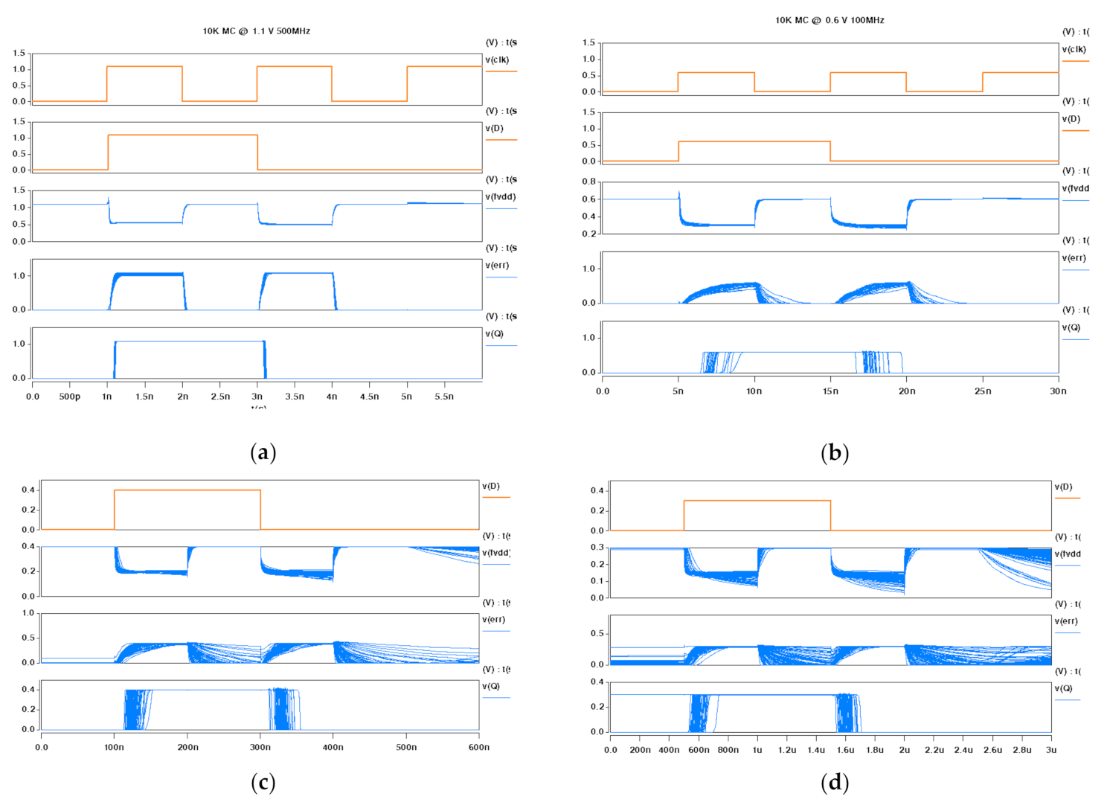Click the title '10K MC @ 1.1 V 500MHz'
[x=256, y=31]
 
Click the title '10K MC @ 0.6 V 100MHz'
[x=830, y=20]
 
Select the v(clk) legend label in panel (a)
[x=497, y=60]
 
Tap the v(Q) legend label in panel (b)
[x=1072, y=327]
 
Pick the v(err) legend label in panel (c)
[x=493, y=619]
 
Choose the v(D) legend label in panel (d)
[x=1063, y=487]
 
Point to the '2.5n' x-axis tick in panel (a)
[x=220, y=397]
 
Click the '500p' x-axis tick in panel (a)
[x=70, y=397]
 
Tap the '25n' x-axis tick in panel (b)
[x=983, y=391]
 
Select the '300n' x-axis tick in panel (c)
[x=260, y=747]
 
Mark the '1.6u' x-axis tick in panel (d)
[x=845, y=750]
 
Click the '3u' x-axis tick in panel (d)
[x=1050, y=750]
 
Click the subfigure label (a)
[x=263, y=452]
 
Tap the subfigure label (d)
[x=834, y=782]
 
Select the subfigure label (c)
[x=263, y=782]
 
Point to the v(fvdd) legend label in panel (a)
[x=500, y=196]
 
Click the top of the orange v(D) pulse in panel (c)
[x=187, y=490]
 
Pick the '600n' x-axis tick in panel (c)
[x=478, y=747]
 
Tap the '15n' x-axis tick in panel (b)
[x=830, y=391]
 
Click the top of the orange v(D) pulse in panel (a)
[x=182, y=135]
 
